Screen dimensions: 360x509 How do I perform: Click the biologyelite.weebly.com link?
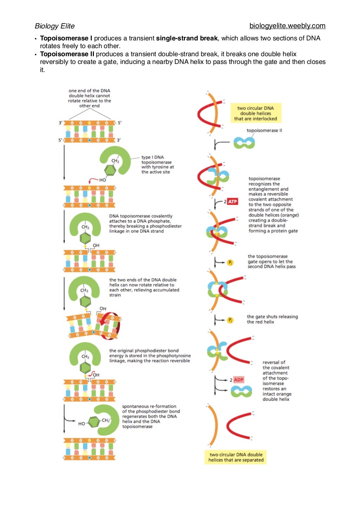287,26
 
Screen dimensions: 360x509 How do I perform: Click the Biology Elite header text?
54,26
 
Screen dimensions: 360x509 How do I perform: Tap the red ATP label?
232,202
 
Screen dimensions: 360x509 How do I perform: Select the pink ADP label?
238,380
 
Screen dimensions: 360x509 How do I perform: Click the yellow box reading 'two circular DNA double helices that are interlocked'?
256,113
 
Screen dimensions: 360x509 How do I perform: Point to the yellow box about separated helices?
236,457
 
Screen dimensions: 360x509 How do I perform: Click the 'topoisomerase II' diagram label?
264,130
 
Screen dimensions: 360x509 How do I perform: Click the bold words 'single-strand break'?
187,38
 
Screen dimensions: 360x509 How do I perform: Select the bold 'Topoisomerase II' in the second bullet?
67,54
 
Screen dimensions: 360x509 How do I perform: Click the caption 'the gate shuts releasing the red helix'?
272,319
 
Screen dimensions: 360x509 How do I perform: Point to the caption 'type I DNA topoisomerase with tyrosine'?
157,164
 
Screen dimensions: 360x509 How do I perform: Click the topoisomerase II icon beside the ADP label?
241,391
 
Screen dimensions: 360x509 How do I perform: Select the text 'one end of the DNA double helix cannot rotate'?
89,98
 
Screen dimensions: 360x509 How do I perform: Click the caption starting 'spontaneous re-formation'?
151,416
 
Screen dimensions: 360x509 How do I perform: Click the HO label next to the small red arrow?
102,180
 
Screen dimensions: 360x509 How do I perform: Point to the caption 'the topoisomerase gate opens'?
271,261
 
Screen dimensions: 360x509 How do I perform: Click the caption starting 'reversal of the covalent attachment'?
276,381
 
